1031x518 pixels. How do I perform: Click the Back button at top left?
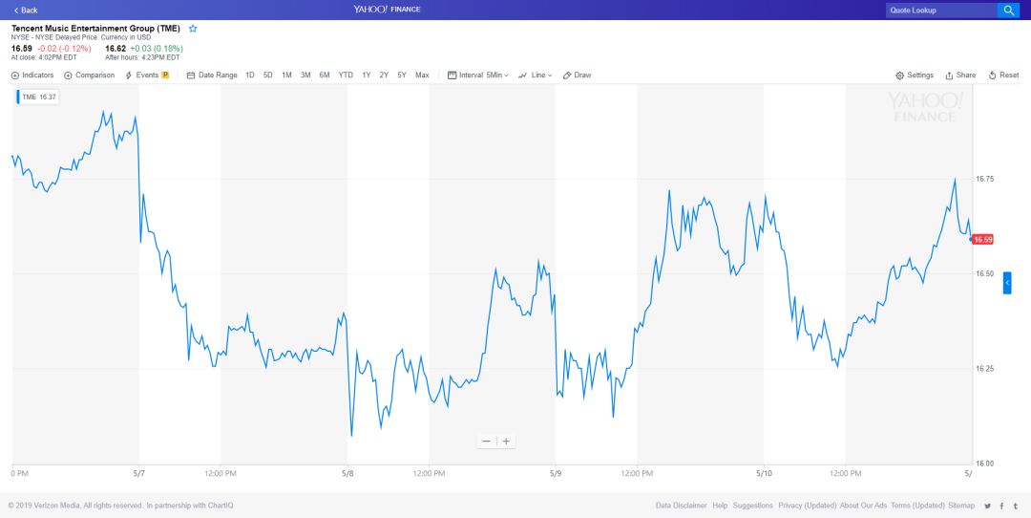pyautogui.click(x=26, y=10)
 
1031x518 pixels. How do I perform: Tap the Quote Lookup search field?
pyautogui.click(x=940, y=11)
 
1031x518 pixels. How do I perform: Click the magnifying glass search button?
pyautogui.click(x=1008, y=11)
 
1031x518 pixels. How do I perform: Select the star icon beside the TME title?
pyautogui.click(x=193, y=29)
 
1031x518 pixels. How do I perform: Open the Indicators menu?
pyautogui.click(x=32, y=75)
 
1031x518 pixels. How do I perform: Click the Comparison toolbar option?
pyautogui.click(x=89, y=75)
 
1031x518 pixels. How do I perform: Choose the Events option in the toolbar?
pyautogui.click(x=146, y=75)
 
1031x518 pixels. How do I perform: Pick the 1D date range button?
pyautogui.click(x=250, y=75)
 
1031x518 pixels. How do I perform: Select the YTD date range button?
pyautogui.click(x=346, y=75)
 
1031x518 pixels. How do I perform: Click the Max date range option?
pyautogui.click(x=422, y=75)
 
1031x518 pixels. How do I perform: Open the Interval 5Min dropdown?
pyautogui.click(x=478, y=75)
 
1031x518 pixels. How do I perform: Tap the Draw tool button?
pyautogui.click(x=578, y=75)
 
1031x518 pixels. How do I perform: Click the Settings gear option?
pyautogui.click(x=915, y=75)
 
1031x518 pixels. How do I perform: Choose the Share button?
pyautogui.click(x=960, y=75)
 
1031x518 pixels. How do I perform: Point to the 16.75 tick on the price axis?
pyautogui.click(x=984, y=179)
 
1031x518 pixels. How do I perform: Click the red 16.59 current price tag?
pyautogui.click(x=983, y=239)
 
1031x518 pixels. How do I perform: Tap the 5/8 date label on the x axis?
pyautogui.click(x=347, y=473)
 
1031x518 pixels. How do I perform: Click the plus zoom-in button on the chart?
pyautogui.click(x=506, y=441)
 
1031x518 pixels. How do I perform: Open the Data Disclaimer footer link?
pyautogui.click(x=681, y=506)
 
